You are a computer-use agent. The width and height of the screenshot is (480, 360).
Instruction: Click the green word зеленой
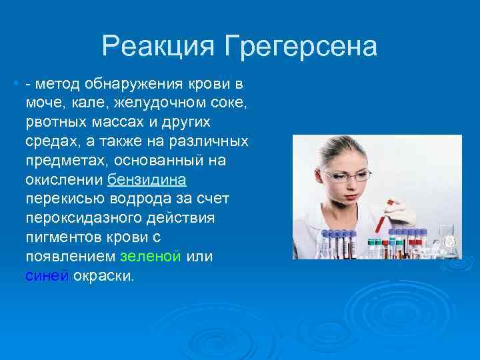[x=151, y=257]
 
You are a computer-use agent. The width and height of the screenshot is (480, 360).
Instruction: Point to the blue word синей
[x=46, y=276]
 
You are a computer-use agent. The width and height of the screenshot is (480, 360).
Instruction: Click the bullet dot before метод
[x=15, y=85]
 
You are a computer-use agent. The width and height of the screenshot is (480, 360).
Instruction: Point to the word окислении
[x=63, y=180]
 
